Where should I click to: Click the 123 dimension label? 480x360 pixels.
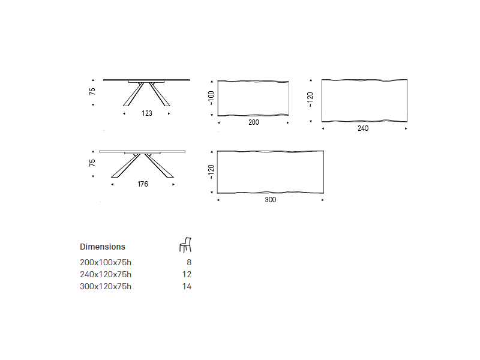[x=147, y=113]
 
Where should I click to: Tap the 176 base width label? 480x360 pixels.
[x=143, y=184]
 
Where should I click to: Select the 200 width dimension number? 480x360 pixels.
[x=254, y=122]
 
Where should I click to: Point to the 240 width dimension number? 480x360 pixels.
[x=363, y=128]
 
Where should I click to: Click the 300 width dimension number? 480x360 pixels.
[x=271, y=200]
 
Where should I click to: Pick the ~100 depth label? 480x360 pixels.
[x=211, y=98]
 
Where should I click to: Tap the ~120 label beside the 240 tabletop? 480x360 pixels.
[x=310, y=100]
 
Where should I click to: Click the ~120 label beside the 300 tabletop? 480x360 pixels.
[x=211, y=172]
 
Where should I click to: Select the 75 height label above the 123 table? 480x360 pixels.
[x=92, y=91]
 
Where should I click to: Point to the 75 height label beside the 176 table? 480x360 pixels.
[x=92, y=163]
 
